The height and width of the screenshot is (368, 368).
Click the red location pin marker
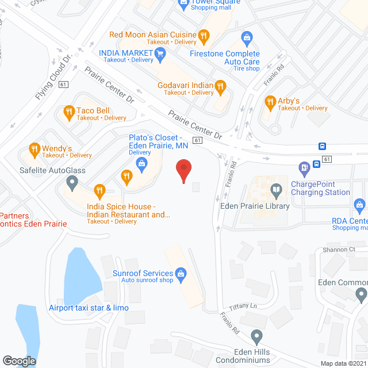click(x=183, y=171)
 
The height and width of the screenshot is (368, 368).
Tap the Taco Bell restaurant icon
click(x=69, y=112)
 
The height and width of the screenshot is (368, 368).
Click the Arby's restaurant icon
click(x=270, y=103)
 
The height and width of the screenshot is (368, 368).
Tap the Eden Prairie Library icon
click(x=277, y=190)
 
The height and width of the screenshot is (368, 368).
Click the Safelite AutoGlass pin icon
click(x=72, y=183)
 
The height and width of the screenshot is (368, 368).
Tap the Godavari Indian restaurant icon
click(x=220, y=87)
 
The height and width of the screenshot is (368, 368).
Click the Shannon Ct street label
click(x=339, y=250)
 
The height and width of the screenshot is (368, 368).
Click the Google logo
click(x=19, y=361)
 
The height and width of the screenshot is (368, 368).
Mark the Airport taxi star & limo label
click(x=89, y=308)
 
